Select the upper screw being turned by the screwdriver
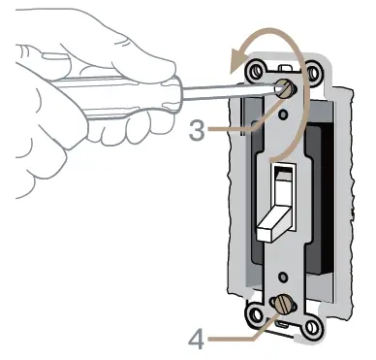click(288, 88)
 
